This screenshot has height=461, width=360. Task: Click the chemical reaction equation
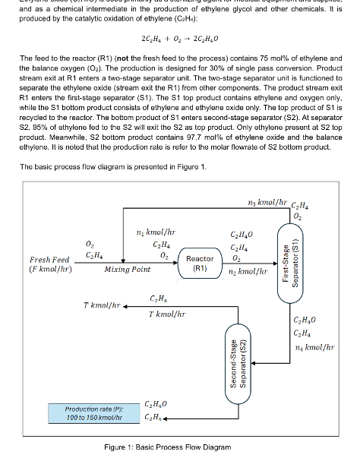179,38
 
